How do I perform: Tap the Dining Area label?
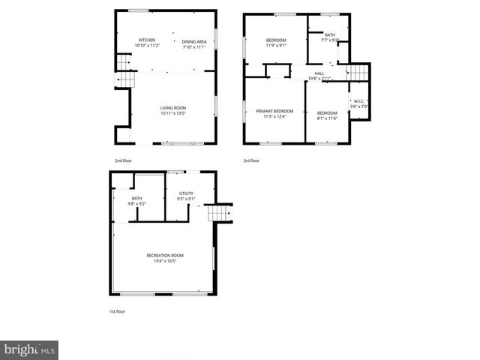[193, 42]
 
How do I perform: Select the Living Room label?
[172, 108]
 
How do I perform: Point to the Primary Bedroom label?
[274, 111]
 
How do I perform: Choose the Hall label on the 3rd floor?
[319, 73]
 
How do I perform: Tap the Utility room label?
[186, 193]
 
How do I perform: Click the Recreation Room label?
[164, 256]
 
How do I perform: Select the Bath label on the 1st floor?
[136, 198]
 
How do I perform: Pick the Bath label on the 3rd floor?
[330, 34]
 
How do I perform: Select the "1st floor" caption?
[117, 310]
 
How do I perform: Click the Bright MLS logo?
[29, 349]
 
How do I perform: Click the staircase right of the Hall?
[358, 73]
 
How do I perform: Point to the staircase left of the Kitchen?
[124, 70]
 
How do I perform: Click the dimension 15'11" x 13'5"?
[172, 114]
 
